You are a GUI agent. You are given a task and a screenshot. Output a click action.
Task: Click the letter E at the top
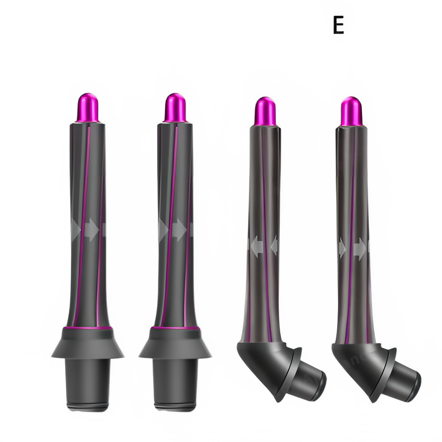click(x=338, y=25)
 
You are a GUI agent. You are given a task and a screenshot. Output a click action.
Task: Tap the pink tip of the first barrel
click(x=88, y=107)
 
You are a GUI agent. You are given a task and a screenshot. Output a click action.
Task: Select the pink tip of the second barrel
click(x=175, y=107)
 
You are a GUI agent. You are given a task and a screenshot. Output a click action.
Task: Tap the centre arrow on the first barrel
click(x=90, y=231)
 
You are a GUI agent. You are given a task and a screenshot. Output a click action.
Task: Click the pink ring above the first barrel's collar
click(x=88, y=328)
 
